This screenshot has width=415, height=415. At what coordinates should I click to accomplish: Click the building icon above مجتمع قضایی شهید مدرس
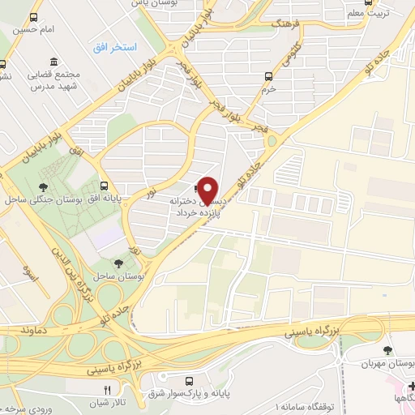[x=53, y=62]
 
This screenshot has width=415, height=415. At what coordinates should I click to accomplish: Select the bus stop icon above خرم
[x=270, y=76]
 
